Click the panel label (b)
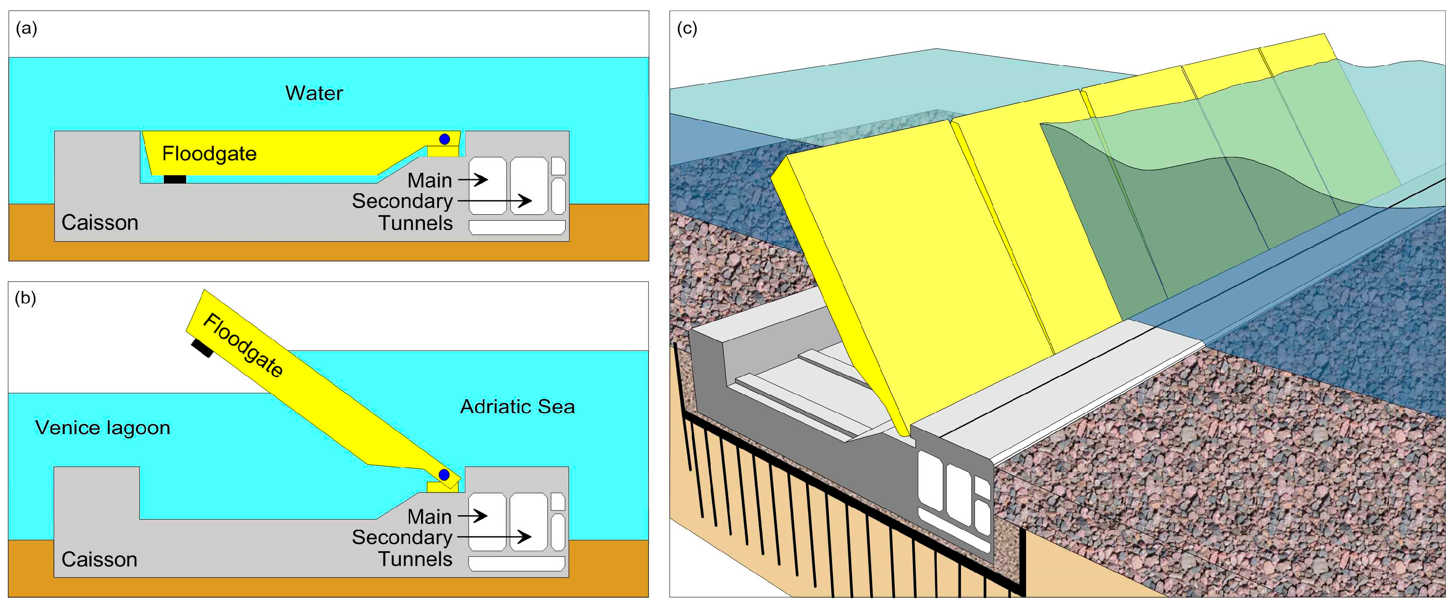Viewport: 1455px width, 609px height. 25,298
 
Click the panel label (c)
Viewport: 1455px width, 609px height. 687,28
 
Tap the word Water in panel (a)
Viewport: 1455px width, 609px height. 314,93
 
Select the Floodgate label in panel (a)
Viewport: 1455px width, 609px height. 209,154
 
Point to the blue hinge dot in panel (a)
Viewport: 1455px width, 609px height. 445,139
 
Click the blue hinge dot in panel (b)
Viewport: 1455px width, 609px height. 444,474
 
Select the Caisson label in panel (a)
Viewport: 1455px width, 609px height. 99,223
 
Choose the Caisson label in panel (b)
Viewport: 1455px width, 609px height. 99,559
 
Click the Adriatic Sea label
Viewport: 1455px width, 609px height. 517,407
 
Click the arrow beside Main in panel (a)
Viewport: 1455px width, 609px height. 473,180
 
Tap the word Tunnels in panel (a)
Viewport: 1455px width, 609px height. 415,223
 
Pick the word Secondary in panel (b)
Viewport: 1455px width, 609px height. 402,537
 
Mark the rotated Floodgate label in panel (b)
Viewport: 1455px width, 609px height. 243,345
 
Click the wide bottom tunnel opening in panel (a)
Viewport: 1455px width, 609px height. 517,227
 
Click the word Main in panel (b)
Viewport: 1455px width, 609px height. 429,517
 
